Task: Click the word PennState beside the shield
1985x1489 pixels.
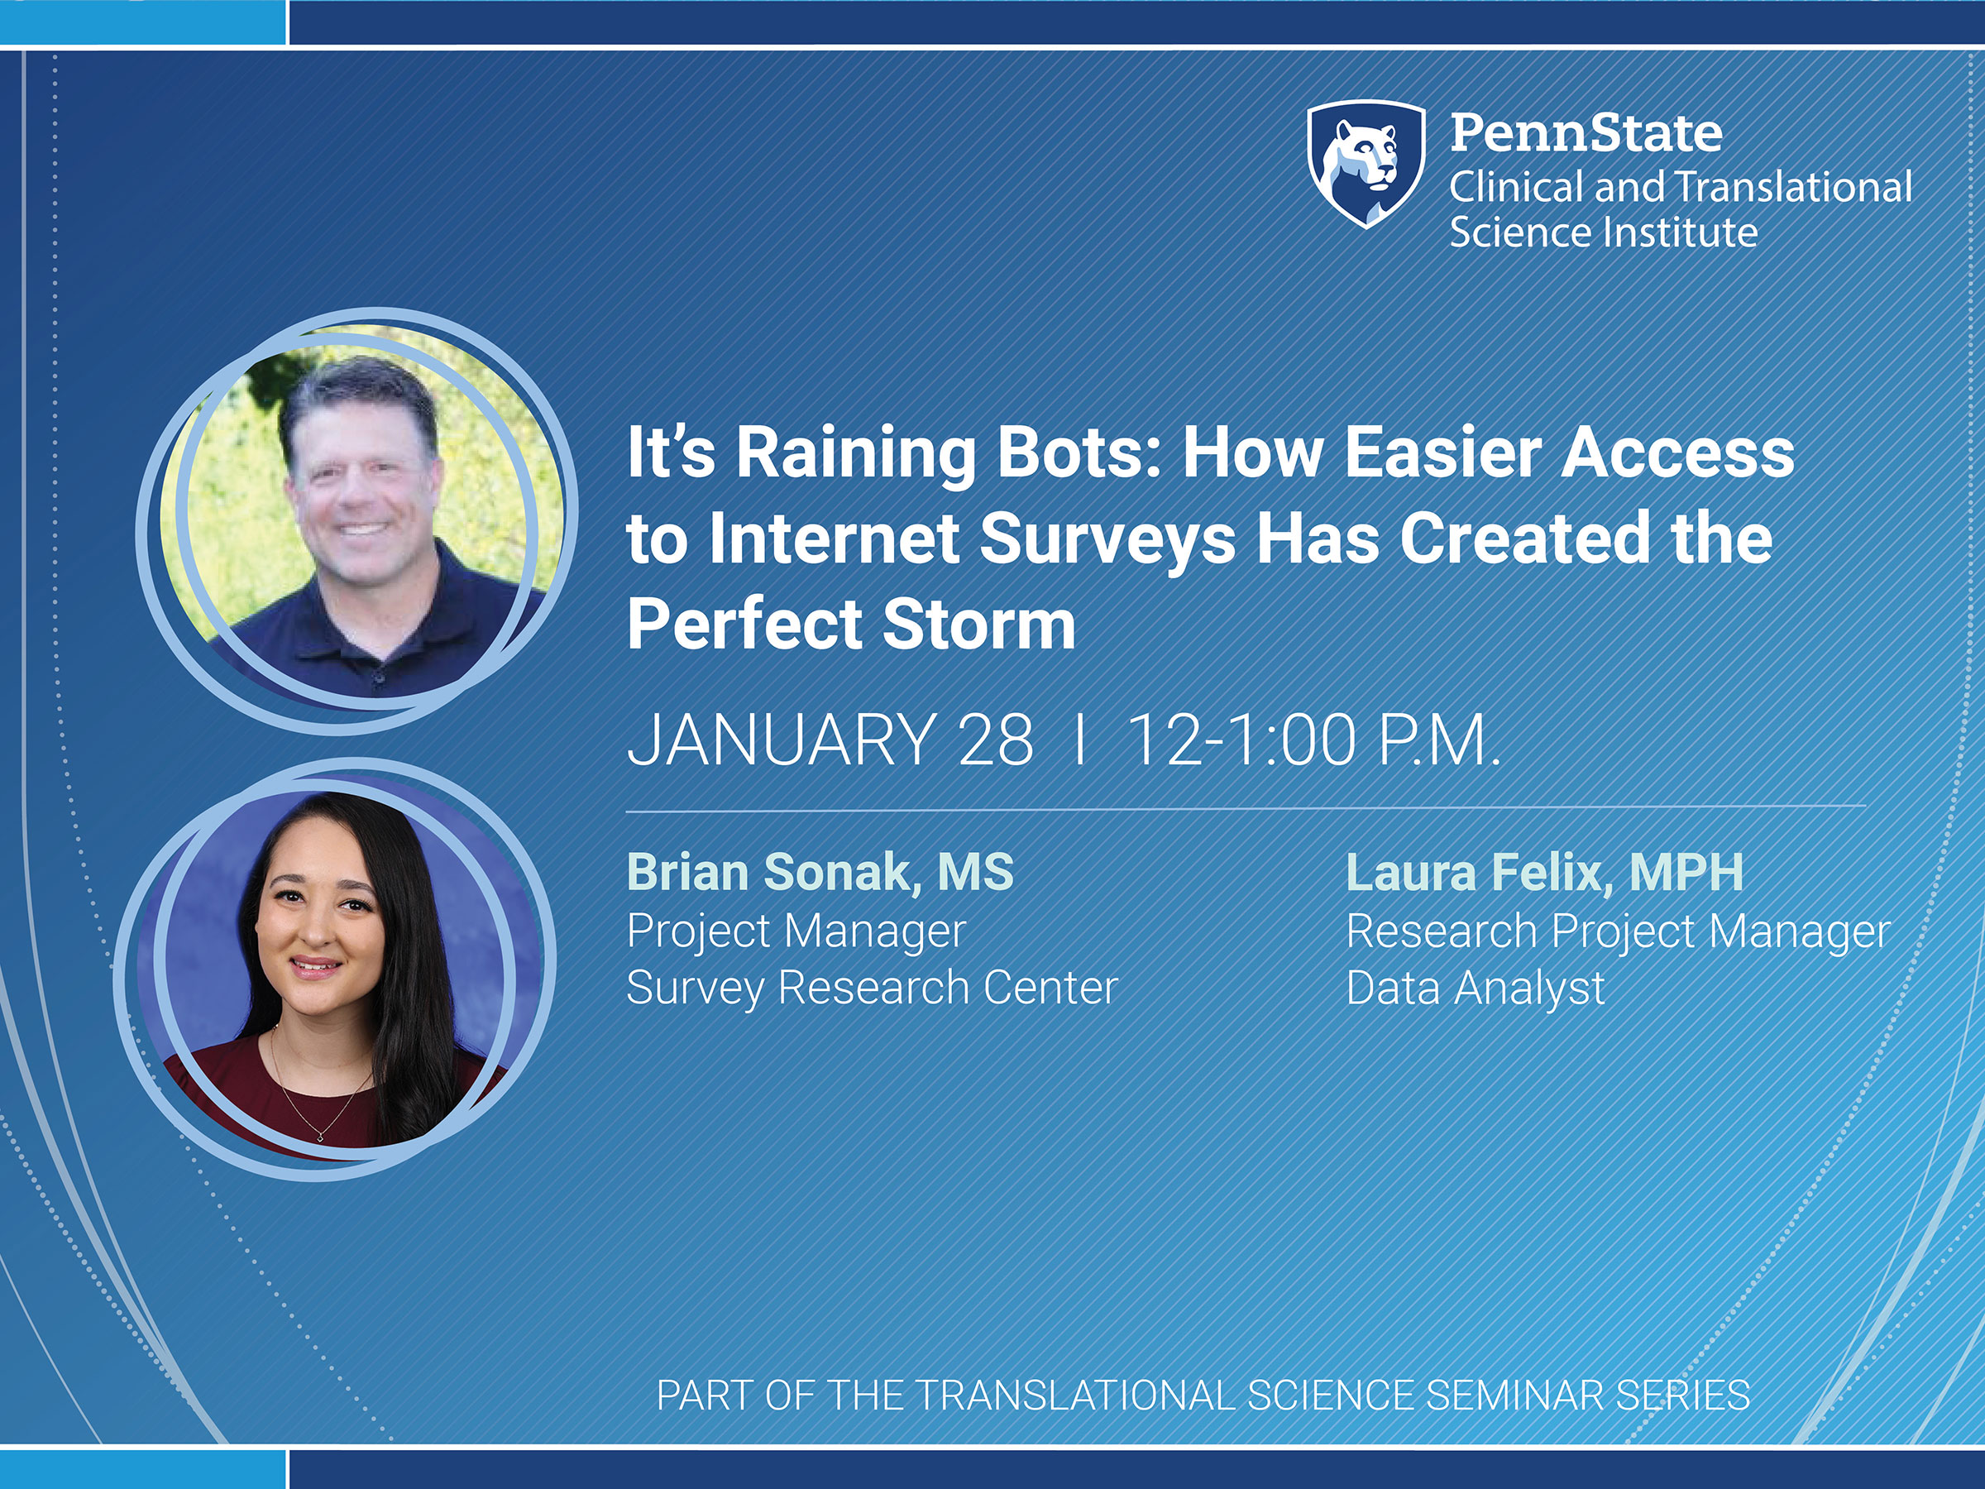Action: point(1586,133)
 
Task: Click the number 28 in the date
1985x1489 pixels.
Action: point(995,741)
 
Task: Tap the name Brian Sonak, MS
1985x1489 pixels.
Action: point(820,873)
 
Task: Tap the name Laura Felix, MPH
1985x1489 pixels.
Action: point(1544,873)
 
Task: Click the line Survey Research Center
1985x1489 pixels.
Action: point(873,989)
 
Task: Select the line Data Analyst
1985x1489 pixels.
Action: point(1476,989)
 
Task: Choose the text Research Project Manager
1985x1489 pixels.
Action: point(1618,931)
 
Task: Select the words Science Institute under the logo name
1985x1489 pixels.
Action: point(1603,232)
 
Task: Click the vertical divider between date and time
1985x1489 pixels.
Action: point(1079,741)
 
